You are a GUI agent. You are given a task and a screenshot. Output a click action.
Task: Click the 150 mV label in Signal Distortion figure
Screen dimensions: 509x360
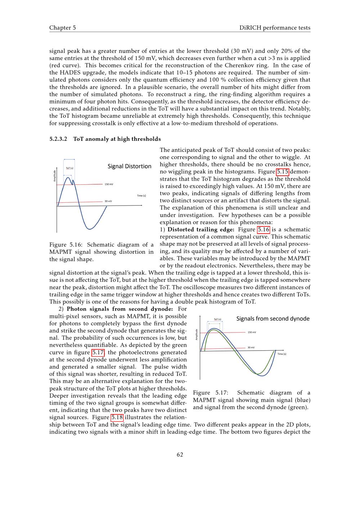point(109,184)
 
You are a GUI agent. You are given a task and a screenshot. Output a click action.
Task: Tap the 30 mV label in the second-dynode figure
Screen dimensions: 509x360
point(251,347)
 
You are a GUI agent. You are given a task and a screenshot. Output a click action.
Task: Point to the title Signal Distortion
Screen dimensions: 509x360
point(129,166)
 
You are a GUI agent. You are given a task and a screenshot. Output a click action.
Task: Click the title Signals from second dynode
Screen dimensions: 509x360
point(273,319)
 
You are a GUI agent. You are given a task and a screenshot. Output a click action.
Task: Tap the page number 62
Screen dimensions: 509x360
point(180,455)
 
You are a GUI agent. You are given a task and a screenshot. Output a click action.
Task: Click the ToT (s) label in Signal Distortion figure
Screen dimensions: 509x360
point(70,168)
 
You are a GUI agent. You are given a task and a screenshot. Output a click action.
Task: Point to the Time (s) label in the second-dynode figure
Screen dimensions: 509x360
point(282,354)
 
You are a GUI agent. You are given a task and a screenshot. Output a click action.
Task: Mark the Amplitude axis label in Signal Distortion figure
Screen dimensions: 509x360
point(55,176)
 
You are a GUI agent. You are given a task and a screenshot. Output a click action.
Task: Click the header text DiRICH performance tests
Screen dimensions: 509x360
point(275,28)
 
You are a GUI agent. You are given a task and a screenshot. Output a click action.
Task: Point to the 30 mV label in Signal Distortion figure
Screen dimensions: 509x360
point(108,201)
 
